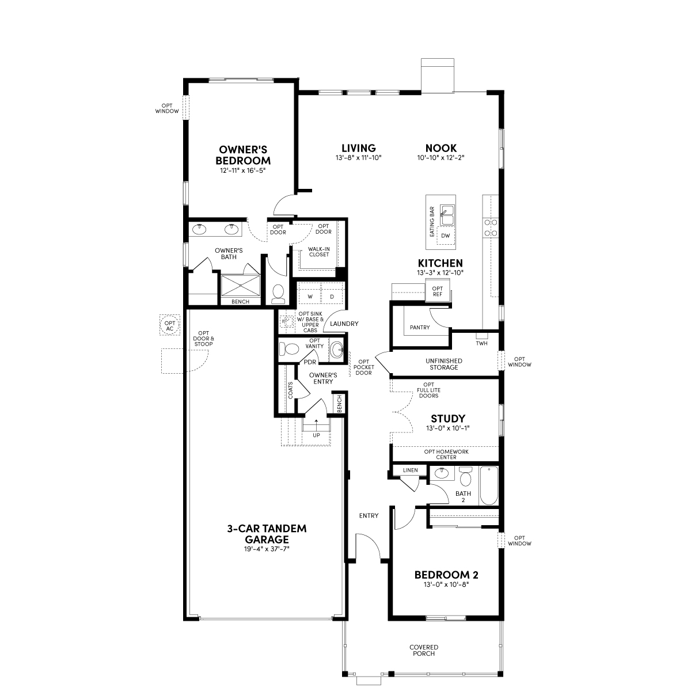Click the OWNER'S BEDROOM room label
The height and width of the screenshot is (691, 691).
point(243,155)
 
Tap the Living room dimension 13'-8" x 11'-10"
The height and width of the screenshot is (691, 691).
point(359,157)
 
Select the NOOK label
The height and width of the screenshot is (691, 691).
point(441,148)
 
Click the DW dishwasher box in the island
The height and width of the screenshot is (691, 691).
point(445,236)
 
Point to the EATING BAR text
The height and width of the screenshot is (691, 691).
point(432,221)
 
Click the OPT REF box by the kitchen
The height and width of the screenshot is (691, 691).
point(438,291)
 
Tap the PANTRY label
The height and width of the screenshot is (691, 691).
point(420,328)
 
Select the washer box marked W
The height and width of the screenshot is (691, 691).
point(310,297)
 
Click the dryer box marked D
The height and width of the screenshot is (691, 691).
point(332,297)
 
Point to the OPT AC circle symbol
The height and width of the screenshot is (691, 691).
point(170,325)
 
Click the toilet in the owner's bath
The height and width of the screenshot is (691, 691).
point(278,294)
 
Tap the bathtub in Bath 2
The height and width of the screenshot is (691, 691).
point(489,485)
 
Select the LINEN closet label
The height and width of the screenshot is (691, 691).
point(410,470)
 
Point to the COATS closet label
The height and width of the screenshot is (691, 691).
point(290,390)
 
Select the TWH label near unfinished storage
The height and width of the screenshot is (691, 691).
point(481,343)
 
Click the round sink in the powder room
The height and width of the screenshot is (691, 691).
point(337,349)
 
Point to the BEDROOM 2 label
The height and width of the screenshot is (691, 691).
point(446,575)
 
